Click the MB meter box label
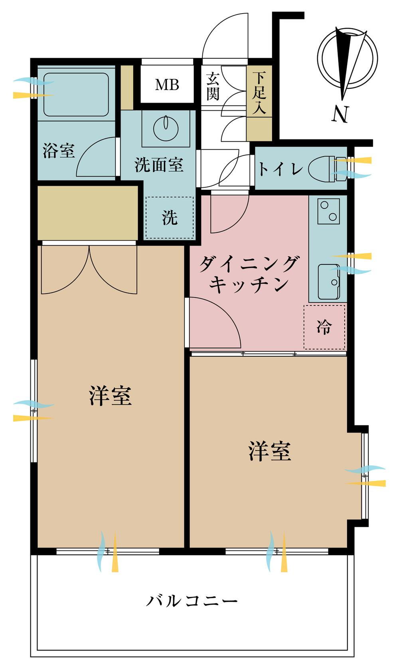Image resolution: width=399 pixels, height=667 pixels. tap(167, 85)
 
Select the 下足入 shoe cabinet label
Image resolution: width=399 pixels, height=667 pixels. tap(259, 93)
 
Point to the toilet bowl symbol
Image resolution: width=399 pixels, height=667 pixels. tap(327, 169)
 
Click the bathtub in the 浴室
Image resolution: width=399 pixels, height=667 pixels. tap(76, 94)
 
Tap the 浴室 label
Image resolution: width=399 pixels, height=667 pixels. tap(59, 151)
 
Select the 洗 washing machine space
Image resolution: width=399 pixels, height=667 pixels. tap(170, 217)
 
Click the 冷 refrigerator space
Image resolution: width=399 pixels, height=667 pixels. tap(324, 327)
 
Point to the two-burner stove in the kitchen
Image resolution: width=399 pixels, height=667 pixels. tap(328, 211)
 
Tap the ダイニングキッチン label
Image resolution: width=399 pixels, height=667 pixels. tap(249, 274)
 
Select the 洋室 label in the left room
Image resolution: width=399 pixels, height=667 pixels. tap(111, 396)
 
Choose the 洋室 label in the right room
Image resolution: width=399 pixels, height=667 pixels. tap(270, 451)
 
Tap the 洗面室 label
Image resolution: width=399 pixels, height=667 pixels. tap(159, 165)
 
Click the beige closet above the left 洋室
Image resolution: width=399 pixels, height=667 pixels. tap(88, 212)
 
